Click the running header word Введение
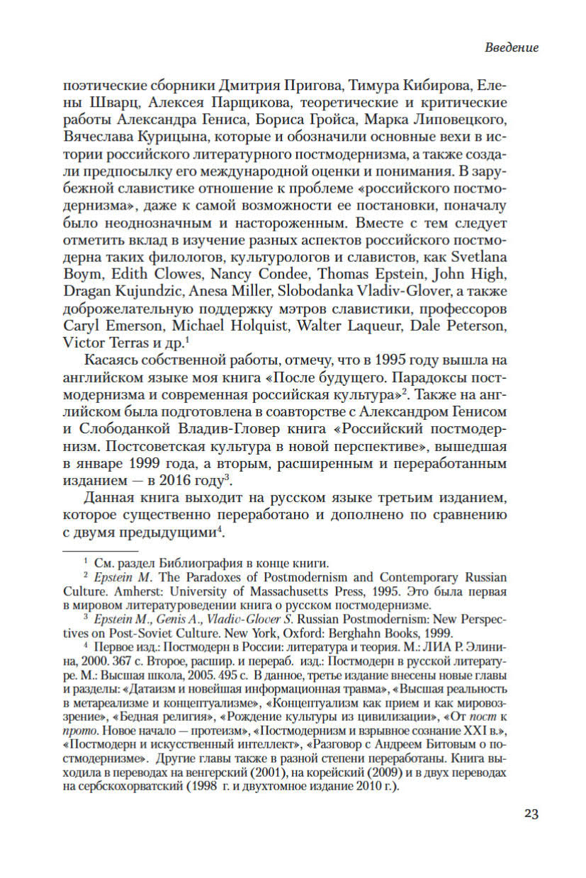click(x=512, y=48)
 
